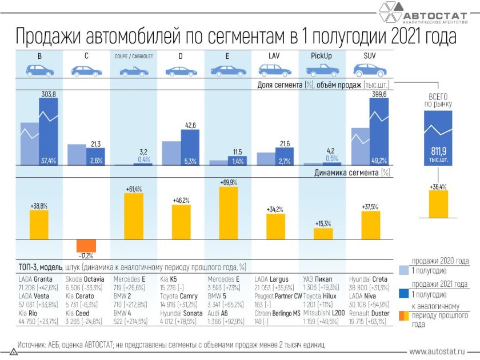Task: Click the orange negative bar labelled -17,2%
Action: coord(86,246)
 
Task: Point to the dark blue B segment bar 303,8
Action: coord(49,131)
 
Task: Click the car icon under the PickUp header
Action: coord(321,70)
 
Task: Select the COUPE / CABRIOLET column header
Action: coord(133,56)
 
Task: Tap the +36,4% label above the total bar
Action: coord(438,186)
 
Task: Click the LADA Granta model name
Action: coord(35,279)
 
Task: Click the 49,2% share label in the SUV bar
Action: coord(379,161)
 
